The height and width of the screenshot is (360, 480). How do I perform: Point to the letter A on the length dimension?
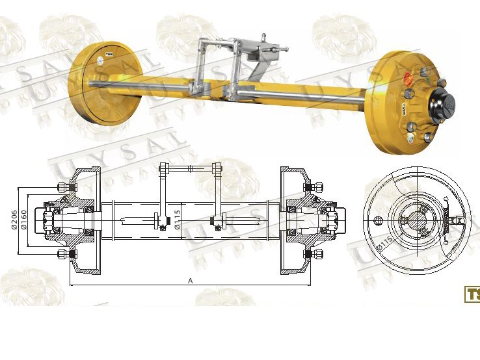coord(190,281)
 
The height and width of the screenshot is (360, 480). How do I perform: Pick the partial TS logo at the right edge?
coord(472,294)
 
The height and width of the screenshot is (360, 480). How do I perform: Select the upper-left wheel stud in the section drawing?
coord(64,187)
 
